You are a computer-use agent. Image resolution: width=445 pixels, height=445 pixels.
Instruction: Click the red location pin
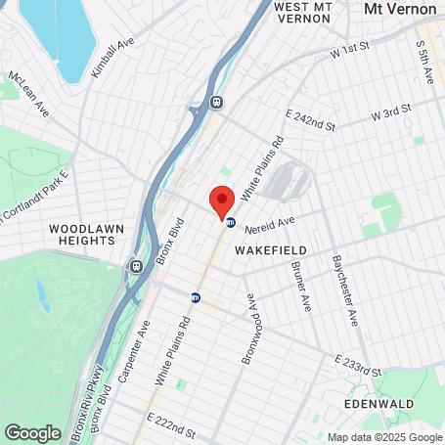click(222, 203)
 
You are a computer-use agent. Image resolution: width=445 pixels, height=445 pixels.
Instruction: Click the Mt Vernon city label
click(399, 8)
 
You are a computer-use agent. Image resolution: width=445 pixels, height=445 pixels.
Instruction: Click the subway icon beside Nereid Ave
click(230, 222)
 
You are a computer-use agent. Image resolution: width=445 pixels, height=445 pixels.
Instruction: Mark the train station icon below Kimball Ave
click(215, 102)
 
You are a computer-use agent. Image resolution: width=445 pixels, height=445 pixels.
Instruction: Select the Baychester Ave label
click(346, 290)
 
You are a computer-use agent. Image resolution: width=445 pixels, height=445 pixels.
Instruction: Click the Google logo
click(32, 432)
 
